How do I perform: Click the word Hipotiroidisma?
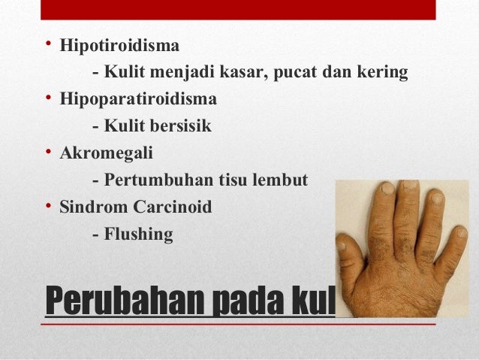tap(119, 46)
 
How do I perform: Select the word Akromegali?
tap(106, 153)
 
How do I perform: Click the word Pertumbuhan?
tap(152, 180)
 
